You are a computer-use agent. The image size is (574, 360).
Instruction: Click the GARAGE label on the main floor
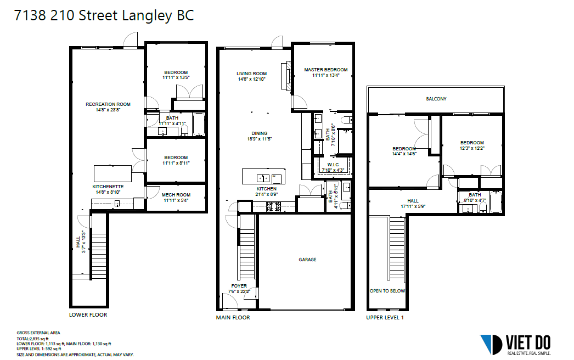click(x=307, y=260)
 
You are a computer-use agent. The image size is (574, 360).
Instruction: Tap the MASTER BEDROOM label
click(x=326, y=70)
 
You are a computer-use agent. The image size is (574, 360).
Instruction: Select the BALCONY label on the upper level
click(x=436, y=99)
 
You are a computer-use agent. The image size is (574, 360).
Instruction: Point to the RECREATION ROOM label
click(x=108, y=104)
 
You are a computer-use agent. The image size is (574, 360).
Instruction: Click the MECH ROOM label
click(x=176, y=195)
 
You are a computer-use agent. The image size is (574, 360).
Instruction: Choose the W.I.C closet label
click(x=333, y=165)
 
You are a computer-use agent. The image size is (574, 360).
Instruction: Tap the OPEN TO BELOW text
click(x=387, y=291)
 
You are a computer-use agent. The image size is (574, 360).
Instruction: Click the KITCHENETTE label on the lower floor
click(x=108, y=187)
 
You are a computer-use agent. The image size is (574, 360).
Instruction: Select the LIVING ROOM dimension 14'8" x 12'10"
click(x=251, y=79)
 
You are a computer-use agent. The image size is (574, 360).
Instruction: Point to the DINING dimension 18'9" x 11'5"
click(x=259, y=139)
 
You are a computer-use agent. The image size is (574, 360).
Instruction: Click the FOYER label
click(x=239, y=286)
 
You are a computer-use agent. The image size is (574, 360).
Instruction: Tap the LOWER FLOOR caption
click(x=88, y=314)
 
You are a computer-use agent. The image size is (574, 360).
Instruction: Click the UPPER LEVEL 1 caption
click(x=385, y=318)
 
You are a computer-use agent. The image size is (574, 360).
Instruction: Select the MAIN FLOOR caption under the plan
click(x=233, y=318)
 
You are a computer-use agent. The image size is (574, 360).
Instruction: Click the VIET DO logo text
click(x=528, y=343)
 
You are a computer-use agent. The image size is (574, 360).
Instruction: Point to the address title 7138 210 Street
click(x=66, y=15)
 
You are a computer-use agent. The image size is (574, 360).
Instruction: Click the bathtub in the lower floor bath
click(x=199, y=124)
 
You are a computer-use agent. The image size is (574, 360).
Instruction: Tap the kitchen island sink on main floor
click(x=263, y=178)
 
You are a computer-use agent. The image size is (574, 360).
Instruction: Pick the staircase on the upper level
click(x=397, y=249)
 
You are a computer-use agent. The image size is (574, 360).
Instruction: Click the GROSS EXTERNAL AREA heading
click(x=38, y=333)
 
